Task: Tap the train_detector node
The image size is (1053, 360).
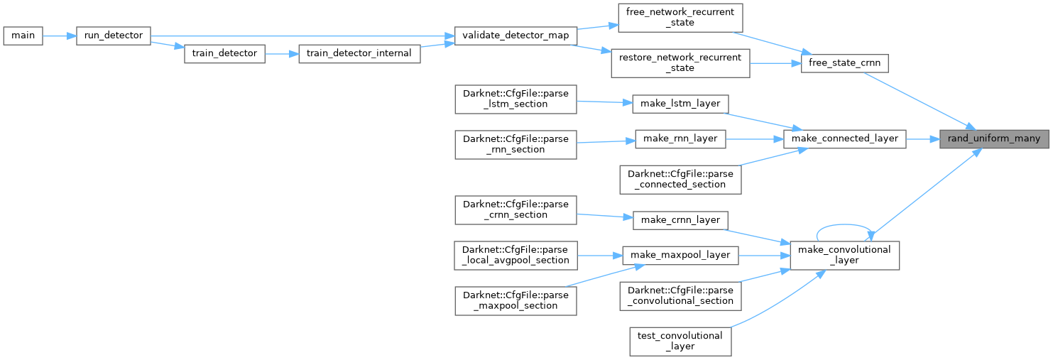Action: click(x=224, y=54)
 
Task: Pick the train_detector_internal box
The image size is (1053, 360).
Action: click(x=360, y=54)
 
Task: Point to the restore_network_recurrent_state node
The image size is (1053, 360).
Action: click(x=680, y=63)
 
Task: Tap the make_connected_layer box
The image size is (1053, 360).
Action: click(x=845, y=138)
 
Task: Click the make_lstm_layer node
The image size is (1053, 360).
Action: click(x=680, y=104)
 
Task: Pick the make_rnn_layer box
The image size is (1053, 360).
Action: click(x=680, y=138)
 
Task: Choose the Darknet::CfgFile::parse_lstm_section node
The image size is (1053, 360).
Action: click(x=515, y=99)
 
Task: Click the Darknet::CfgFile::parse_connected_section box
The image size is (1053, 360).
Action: click(x=680, y=179)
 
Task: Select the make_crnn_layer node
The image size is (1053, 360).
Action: click(x=680, y=219)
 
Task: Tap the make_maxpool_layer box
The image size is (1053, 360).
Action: click(x=680, y=254)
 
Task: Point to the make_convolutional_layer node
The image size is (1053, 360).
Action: click(x=845, y=255)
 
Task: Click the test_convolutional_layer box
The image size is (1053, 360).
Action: click(x=680, y=341)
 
